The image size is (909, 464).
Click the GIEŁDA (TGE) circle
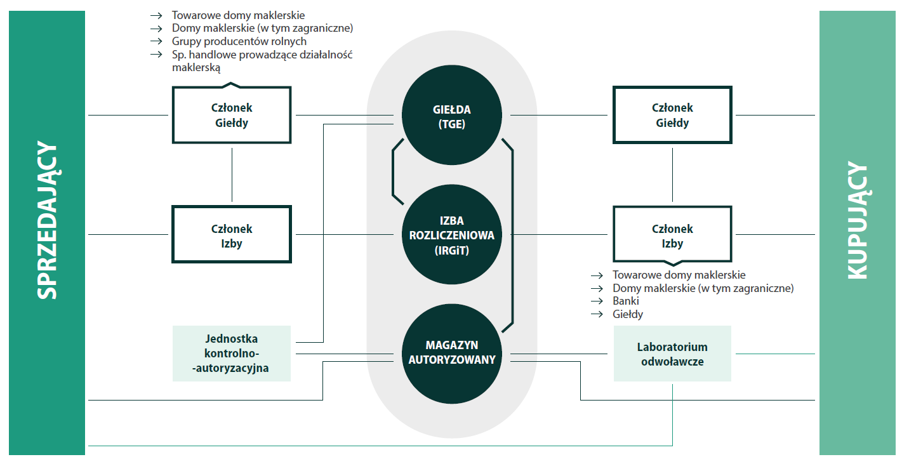pyautogui.click(x=451, y=116)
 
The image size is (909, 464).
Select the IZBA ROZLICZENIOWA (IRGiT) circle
pyautogui.click(x=451, y=235)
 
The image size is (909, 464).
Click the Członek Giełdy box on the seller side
pyautogui.click(x=232, y=115)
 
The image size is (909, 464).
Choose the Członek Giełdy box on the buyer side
pyautogui.click(x=672, y=115)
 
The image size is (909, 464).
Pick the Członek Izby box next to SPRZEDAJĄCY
pyautogui.click(x=232, y=235)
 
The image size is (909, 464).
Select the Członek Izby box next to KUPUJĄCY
pyautogui.click(x=672, y=235)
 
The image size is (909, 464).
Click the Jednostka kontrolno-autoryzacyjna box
pyautogui.click(x=232, y=354)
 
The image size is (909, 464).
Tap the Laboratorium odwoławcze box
pyautogui.click(x=672, y=354)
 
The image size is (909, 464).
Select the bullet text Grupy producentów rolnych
pyautogui.click(x=239, y=41)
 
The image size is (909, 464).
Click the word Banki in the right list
pyautogui.click(x=626, y=301)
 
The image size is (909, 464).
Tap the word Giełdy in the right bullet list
pyautogui.click(x=628, y=314)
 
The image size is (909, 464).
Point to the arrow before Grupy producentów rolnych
pyautogui.click(x=156, y=41)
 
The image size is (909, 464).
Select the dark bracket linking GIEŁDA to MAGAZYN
pyautogui.click(x=512, y=235)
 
